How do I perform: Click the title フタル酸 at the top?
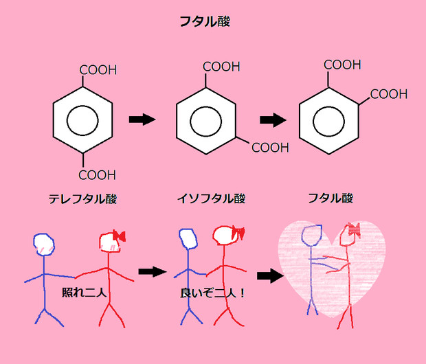(204, 21)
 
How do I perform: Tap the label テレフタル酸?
(82, 199)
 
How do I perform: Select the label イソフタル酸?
(211, 199)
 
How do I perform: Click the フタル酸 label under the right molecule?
(330, 198)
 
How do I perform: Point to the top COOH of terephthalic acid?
(98, 70)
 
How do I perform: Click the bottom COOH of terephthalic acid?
(98, 174)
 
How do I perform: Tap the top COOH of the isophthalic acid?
(221, 67)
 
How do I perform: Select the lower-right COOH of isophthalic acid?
(270, 147)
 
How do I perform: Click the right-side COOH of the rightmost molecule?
(389, 94)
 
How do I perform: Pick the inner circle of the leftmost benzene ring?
(82, 122)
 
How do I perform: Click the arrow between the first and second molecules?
(142, 120)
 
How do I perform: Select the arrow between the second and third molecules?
(273, 120)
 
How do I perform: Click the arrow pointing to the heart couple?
(271, 276)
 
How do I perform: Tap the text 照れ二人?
(82, 293)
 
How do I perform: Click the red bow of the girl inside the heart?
(354, 228)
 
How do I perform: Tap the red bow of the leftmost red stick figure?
(118, 236)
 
